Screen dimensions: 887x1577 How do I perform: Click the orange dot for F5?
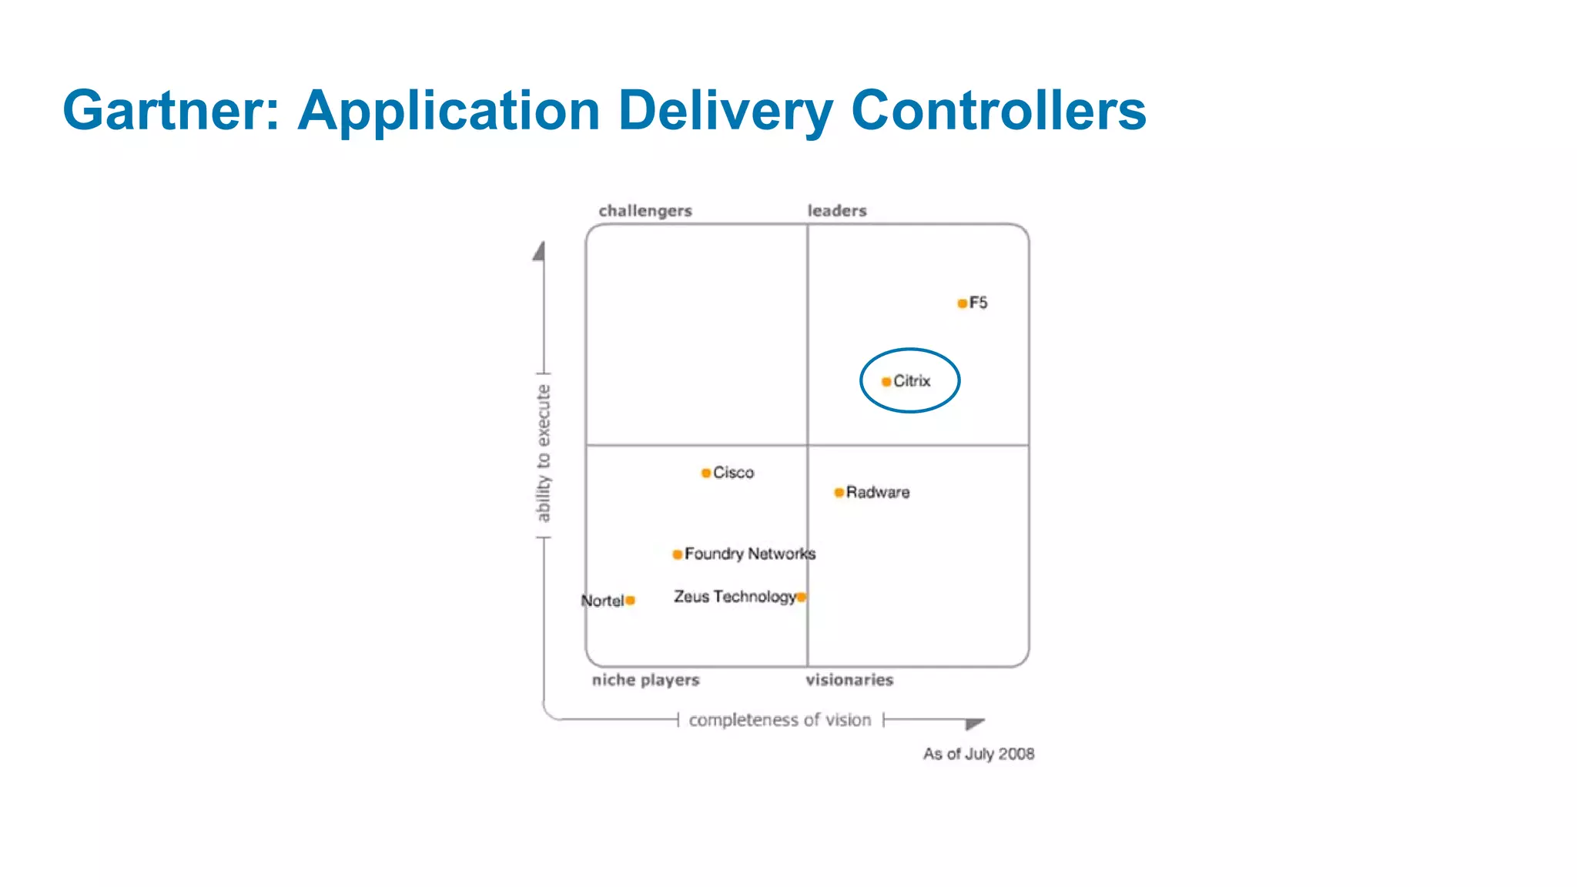click(962, 303)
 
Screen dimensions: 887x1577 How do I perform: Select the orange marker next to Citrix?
click(886, 382)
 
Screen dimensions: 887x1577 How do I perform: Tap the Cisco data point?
click(706, 473)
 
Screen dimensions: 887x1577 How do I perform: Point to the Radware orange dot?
click(839, 493)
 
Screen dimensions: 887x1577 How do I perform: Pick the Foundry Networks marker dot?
click(677, 554)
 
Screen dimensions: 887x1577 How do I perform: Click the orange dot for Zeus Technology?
click(802, 597)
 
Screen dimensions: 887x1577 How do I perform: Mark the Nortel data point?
click(630, 601)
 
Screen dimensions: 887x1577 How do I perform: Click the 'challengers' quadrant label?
click(645, 211)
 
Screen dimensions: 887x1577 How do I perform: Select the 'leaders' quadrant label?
click(837, 211)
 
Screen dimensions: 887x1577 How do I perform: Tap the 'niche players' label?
click(645, 680)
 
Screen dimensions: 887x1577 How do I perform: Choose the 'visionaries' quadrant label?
click(849, 680)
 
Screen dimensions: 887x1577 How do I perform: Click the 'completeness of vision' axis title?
click(779, 720)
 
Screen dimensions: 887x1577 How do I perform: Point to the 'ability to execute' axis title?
click(544, 454)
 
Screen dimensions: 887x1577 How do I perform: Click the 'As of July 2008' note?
click(979, 754)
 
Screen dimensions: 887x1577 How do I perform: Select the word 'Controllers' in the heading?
click(999, 110)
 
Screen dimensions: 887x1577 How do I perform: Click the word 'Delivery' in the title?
click(725, 110)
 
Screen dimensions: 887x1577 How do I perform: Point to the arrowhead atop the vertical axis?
click(540, 252)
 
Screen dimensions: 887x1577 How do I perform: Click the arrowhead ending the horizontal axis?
click(975, 723)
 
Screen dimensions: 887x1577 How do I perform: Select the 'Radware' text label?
click(878, 493)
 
